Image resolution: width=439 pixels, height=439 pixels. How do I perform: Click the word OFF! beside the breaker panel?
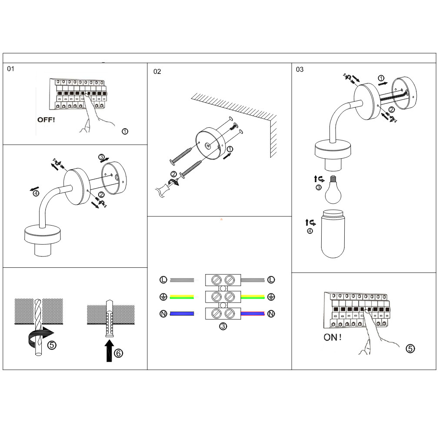point(46,119)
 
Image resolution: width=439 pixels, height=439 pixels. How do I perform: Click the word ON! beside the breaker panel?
point(333,337)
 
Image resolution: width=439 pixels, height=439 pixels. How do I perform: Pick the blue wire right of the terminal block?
point(253,313)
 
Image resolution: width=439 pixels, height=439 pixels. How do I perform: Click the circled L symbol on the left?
point(163,280)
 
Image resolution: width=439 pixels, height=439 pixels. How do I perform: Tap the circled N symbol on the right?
point(271,313)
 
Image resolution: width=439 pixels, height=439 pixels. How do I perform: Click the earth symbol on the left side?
point(163,297)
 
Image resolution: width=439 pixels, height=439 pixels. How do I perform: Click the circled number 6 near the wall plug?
point(118,353)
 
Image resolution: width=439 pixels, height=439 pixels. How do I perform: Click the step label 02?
point(157,72)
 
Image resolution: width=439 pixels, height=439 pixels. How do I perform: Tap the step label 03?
point(299,70)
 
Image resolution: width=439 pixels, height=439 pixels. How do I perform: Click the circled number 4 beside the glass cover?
point(310,231)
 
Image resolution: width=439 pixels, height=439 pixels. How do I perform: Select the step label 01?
point(11,69)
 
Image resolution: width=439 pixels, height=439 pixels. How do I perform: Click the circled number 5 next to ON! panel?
point(410,348)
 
